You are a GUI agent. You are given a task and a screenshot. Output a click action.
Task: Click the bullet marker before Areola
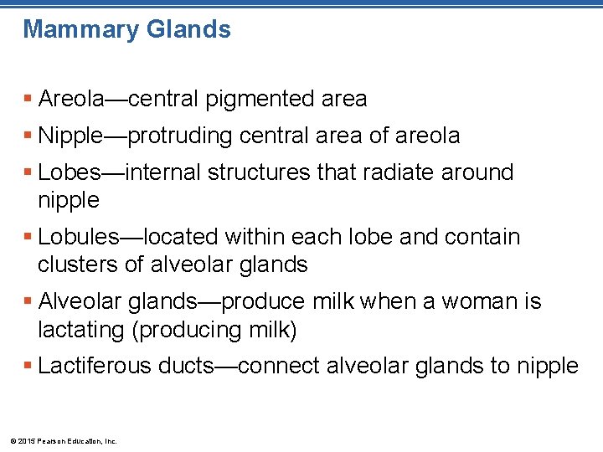click(28, 99)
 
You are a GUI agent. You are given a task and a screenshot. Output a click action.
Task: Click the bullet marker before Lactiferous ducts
click(28, 366)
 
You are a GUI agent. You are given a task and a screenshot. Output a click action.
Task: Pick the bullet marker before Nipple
click(28, 136)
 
